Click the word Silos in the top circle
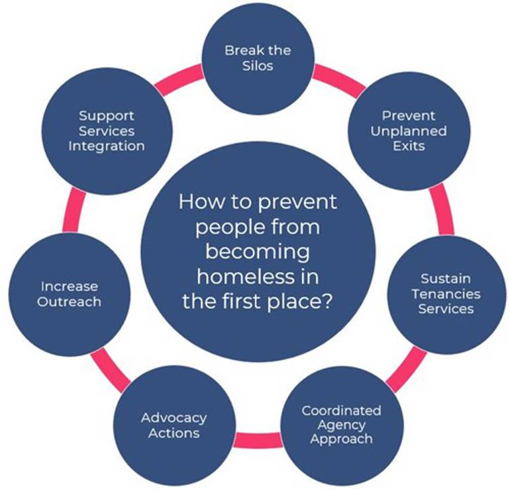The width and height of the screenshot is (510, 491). pyautogui.click(x=257, y=66)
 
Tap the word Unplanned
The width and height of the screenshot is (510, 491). pyautogui.click(x=408, y=130)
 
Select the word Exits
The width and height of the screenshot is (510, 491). pyautogui.click(x=408, y=145)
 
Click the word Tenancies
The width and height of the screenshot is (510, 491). pyautogui.click(x=445, y=294)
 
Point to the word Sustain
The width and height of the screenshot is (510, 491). pyautogui.click(x=445, y=279)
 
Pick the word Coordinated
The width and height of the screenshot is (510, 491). pyautogui.click(x=341, y=410)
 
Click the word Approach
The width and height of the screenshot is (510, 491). pyautogui.click(x=341, y=439)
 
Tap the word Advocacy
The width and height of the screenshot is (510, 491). pyautogui.click(x=174, y=418)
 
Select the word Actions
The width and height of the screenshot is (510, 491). pyautogui.click(x=174, y=433)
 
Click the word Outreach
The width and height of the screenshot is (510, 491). pyautogui.click(x=70, y=302)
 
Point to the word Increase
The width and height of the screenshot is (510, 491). pyautogui.click(x=70, y=287)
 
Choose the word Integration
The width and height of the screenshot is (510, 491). pyautogui.click(x=106, y=145)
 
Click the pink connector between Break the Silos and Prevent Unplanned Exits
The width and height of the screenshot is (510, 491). pyautogui.click(x=337, y=78)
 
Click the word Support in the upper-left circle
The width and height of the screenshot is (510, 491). pyautogui.click(x=106, y=116)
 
